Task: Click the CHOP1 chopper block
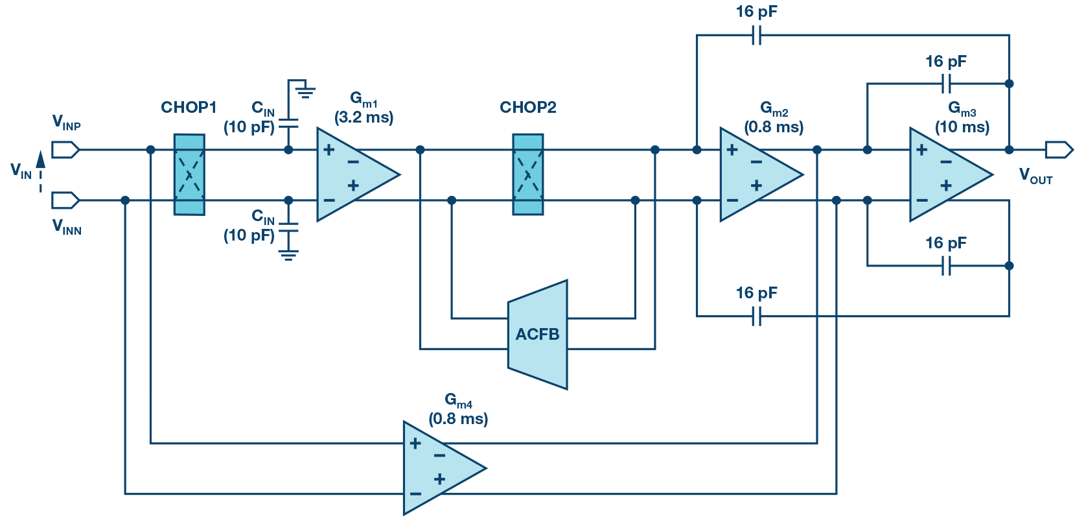coord(189,174)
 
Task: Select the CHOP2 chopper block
coord(528,174)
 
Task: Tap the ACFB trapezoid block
coord(537,335)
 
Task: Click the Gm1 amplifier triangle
coord(353,174)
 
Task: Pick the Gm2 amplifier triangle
coord(757,174)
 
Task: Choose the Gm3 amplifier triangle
coord(946,174)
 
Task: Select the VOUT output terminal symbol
coord(1059,150)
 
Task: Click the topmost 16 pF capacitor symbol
coord(756,35)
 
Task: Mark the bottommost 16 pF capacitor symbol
coord(756,316)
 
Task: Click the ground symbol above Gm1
coord(305,91)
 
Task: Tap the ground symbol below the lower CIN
coord(288,255)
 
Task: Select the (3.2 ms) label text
coord(364,118)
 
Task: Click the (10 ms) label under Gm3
coord(962,127)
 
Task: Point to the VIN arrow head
coord(40,159)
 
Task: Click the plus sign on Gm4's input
coord(415,444)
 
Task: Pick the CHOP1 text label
coord(189,107)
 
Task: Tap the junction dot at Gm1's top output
coord(420,150)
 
